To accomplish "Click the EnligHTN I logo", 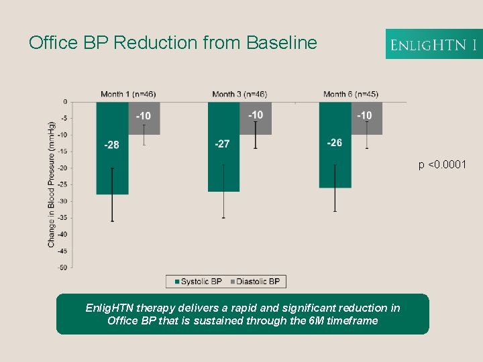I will [x=433, y=44].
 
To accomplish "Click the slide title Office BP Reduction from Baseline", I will [x=172, y=43].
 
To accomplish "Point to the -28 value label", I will [x=112, y=145].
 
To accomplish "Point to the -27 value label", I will [x=223, y=144].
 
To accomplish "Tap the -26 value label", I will [x=335, y=143].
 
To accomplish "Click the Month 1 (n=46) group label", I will [x=128, y=94].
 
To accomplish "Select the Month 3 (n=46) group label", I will [x=239, y=94].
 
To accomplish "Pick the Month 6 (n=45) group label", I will [x=350, y=94].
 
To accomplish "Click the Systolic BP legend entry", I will [x=198, y=282].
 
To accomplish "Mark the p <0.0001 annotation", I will [x=443, y=165].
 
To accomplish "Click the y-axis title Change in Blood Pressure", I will [x=52, y=184].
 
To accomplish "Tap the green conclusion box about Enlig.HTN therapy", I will [x=242, y=314].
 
